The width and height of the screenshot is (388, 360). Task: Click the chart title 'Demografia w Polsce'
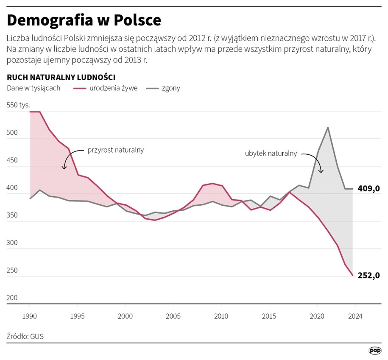click(x=84, y=20)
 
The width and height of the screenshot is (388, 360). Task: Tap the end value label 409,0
click(x=368, y=189)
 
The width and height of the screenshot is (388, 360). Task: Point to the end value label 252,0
click(x=368, y=275)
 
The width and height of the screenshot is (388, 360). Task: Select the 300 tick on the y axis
click(x=12, y=243)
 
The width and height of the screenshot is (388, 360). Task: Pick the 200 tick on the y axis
click(x=12, y=298)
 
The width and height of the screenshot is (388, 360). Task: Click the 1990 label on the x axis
click(x=29, y=316)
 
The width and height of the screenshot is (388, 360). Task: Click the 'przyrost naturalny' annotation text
click(x=116, y=150)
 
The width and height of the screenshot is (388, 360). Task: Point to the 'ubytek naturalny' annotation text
click(x=271, y=153)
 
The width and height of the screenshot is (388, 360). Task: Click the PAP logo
click(x=374, y=350)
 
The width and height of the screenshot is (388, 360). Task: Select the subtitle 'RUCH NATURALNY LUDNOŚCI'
click(x=61, y=77)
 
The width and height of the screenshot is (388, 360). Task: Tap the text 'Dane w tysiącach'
click(x=33, y=88)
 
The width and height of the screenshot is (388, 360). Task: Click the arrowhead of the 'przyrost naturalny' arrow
click(x=64, y=168)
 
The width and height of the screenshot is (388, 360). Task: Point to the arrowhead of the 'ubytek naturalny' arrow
click(x=321, y=172)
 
